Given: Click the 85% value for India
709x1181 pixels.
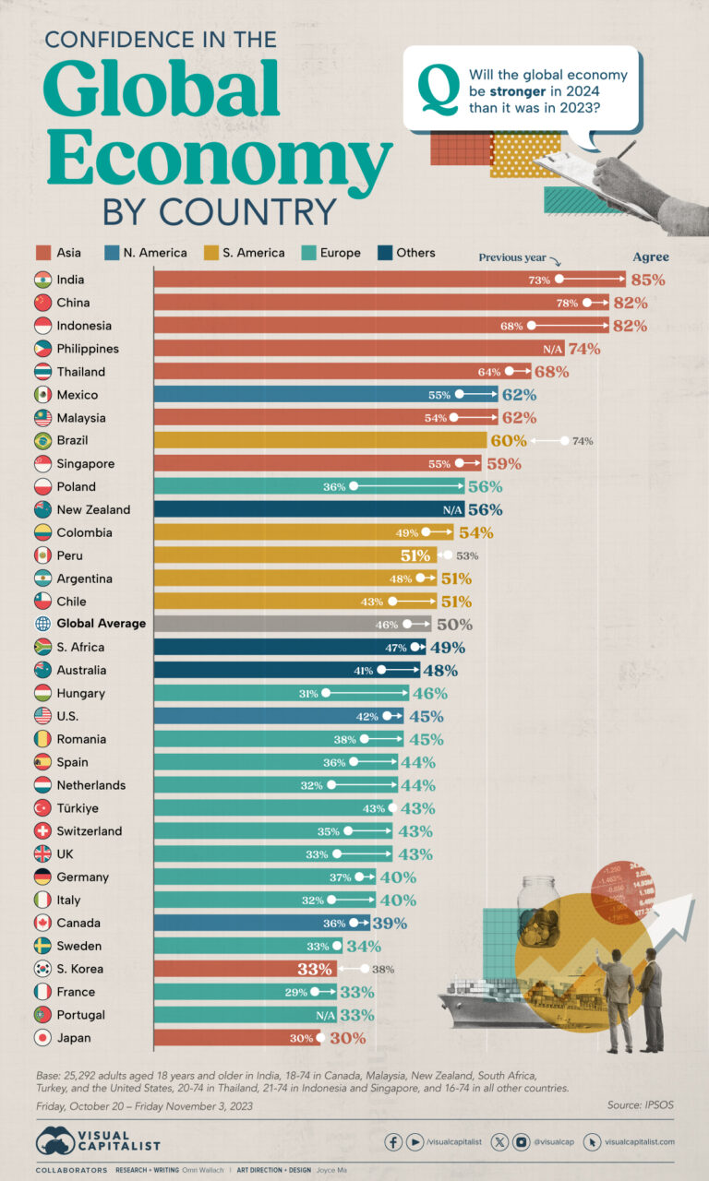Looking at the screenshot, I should pyautogui.click(x=650, y=280).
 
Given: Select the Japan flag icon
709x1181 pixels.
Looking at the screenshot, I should pyautogui.click(x=42, y=1038).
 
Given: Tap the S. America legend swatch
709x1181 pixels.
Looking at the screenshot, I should pyautogui.click(x=210, y=252).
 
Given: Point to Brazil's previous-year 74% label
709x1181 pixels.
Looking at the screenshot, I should pyautogui.click(x=583, y=441).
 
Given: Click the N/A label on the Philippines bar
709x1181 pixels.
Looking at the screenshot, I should pyautogui.click(x=553, y=349).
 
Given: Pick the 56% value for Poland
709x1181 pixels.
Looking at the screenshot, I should pyautogui.click(x=485, y=487).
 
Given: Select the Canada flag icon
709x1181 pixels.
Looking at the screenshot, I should pyautogui.click(x=42, y=923).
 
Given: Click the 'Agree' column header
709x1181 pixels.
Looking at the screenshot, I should pyautogui.click(x=650, y=257).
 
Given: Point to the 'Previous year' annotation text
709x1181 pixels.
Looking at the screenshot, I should pyautogui.click(x=512, y=258).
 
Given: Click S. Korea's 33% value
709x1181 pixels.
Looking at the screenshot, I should pyautogui.click(x=316, y=969).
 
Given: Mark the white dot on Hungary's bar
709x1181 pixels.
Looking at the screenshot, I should pyautogui.click(x=326, y=694).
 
